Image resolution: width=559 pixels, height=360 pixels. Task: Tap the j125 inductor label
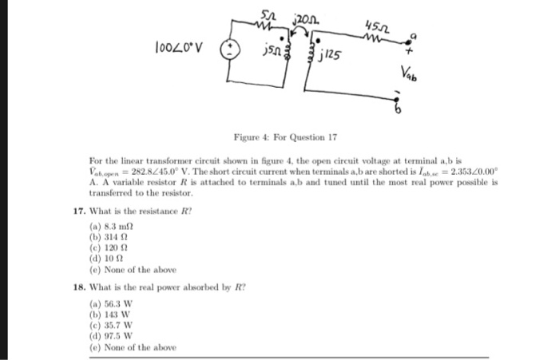pyautogui.click(x=333, y=57)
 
